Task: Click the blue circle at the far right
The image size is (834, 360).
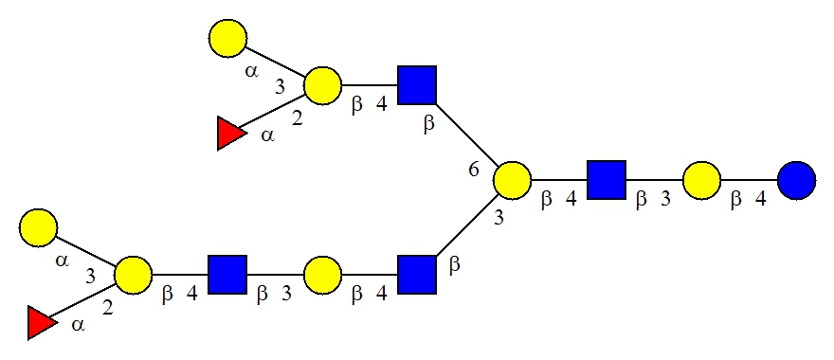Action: tap(796, 181)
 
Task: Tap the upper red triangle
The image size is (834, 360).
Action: tap(229, 134)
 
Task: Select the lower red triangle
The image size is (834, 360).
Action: tap(41, 323)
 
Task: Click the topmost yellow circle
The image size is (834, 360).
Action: tap(227, 38)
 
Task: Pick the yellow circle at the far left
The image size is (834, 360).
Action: tap(38, 227)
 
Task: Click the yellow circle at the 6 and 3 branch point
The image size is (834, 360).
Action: tap(512, 181)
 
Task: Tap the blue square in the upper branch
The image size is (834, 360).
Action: tap(417, 85)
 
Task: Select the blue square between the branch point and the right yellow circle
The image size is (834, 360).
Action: tap(607, 180)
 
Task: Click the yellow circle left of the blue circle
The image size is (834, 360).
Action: tap(701, 181)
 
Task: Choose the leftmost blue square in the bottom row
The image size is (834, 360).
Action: tap(227, 275)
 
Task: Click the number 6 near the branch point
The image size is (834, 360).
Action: tap(474, 171)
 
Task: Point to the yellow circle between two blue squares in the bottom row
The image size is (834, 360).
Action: tap(322, 275)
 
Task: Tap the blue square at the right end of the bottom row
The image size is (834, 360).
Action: tap(417, 275)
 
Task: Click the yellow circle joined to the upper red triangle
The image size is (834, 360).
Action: tap(322, 85)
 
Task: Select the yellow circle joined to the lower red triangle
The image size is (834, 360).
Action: tap(133, 275)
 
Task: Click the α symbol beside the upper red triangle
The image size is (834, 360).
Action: tap(268, 135)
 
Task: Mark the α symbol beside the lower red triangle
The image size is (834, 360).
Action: tap(78, 325)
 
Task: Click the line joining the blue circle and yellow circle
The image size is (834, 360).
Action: tap(749, 181)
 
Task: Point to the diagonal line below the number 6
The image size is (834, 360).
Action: tap(466, 227)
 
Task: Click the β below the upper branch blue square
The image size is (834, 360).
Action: tap(428, 125)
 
